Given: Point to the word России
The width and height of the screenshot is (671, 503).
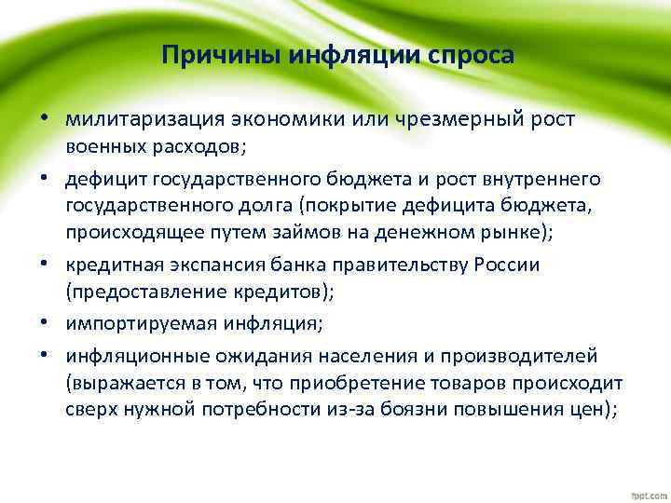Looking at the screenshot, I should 508,265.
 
